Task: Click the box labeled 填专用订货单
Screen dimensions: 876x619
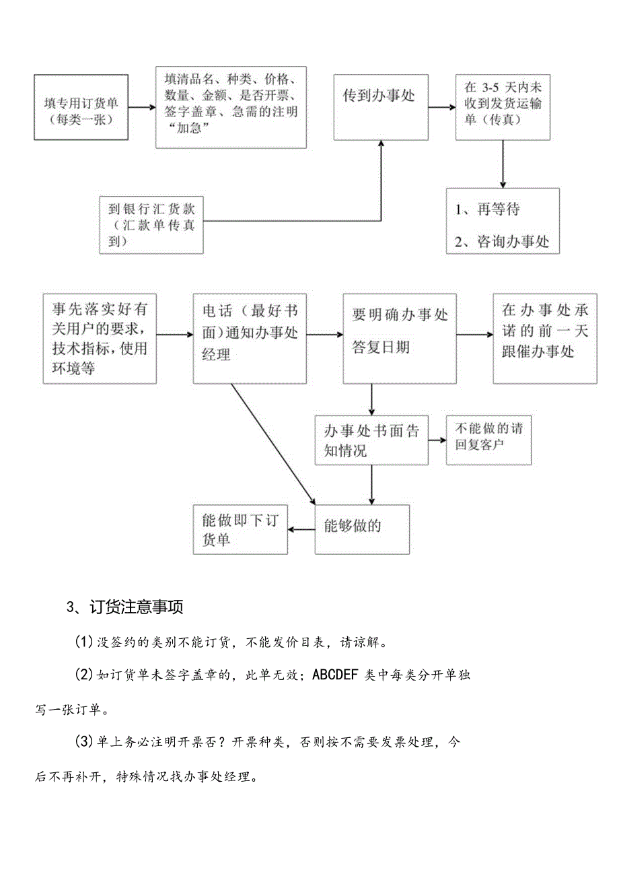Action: click(x=81, y=108)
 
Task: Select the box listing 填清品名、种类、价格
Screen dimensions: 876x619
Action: click(x=231, y=107)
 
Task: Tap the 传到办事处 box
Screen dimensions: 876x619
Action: click(x=381, y=107)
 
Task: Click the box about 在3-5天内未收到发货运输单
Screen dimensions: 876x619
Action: click(x=503, y=107)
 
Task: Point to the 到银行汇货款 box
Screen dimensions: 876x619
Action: click(x=151, y=225)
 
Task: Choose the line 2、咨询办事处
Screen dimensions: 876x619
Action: click(x=502, y=242)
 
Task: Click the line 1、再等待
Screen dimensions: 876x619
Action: click(x=488, y=209)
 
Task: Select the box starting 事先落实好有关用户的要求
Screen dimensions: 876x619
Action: click(x=100, y=339)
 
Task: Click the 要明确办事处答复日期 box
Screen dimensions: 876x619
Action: click(x=400, y=339)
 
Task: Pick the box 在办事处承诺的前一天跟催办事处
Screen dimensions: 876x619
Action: click(x=544, y=339)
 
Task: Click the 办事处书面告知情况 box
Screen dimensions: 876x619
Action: click(x=371, y=440)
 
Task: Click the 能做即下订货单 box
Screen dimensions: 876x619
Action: click(x=240, y=530)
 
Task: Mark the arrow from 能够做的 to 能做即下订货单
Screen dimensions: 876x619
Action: click(x=301, y=529)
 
